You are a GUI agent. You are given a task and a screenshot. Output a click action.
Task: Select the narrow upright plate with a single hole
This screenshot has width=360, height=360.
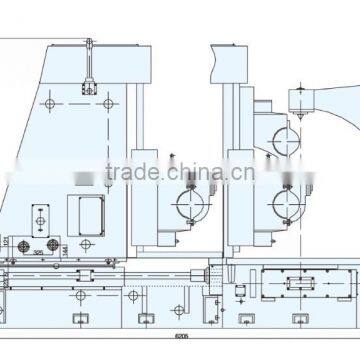[40, 215]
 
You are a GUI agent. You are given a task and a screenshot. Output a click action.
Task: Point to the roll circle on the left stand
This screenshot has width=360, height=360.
[191, 204]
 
